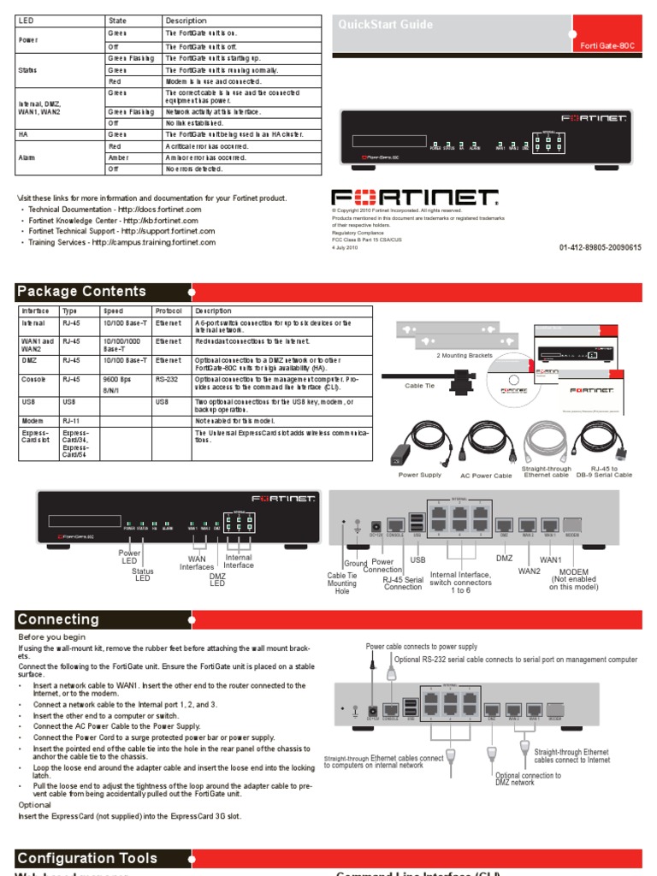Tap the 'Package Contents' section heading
coord(81,291)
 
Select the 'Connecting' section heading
coord(58,619)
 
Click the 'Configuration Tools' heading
coord(87,858)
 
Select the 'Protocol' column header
coord(168,311)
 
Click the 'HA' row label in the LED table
coord(24,134)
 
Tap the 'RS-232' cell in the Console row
coord(166,378)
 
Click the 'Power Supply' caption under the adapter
coord(420,475)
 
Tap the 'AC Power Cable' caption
coord(485,475)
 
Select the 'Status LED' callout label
coord(143,575)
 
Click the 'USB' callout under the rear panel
coord(417,560)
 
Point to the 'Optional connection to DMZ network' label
coord(528,779)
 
